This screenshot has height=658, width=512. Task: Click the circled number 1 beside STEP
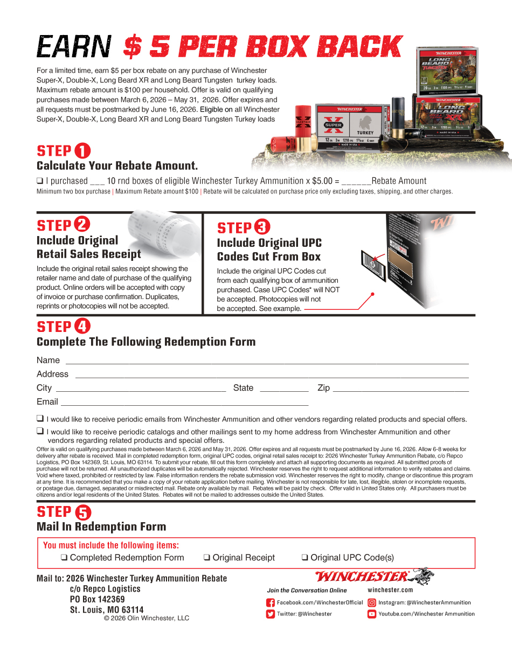82,151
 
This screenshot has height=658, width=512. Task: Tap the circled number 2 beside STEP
82,225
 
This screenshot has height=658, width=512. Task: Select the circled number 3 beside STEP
262,227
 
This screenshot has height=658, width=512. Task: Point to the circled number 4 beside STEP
82,326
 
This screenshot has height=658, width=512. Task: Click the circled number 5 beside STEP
83,512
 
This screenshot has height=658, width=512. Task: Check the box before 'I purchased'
40,181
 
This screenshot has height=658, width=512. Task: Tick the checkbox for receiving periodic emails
40,418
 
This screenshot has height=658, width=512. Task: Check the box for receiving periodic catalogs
40,431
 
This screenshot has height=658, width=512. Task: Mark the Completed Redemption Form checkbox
64,558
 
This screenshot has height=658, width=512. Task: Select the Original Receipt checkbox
206,558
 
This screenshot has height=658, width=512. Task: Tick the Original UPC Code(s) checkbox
305,558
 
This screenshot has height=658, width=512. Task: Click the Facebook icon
271,602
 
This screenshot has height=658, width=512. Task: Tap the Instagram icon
372,602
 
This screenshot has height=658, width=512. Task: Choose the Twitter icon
271,614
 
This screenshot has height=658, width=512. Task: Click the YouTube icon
372,614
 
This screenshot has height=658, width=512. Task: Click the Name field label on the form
48,360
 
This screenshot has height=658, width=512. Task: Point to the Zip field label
323,388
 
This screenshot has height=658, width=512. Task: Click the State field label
243,388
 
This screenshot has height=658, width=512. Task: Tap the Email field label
47,401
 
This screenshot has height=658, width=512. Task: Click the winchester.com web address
390,590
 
